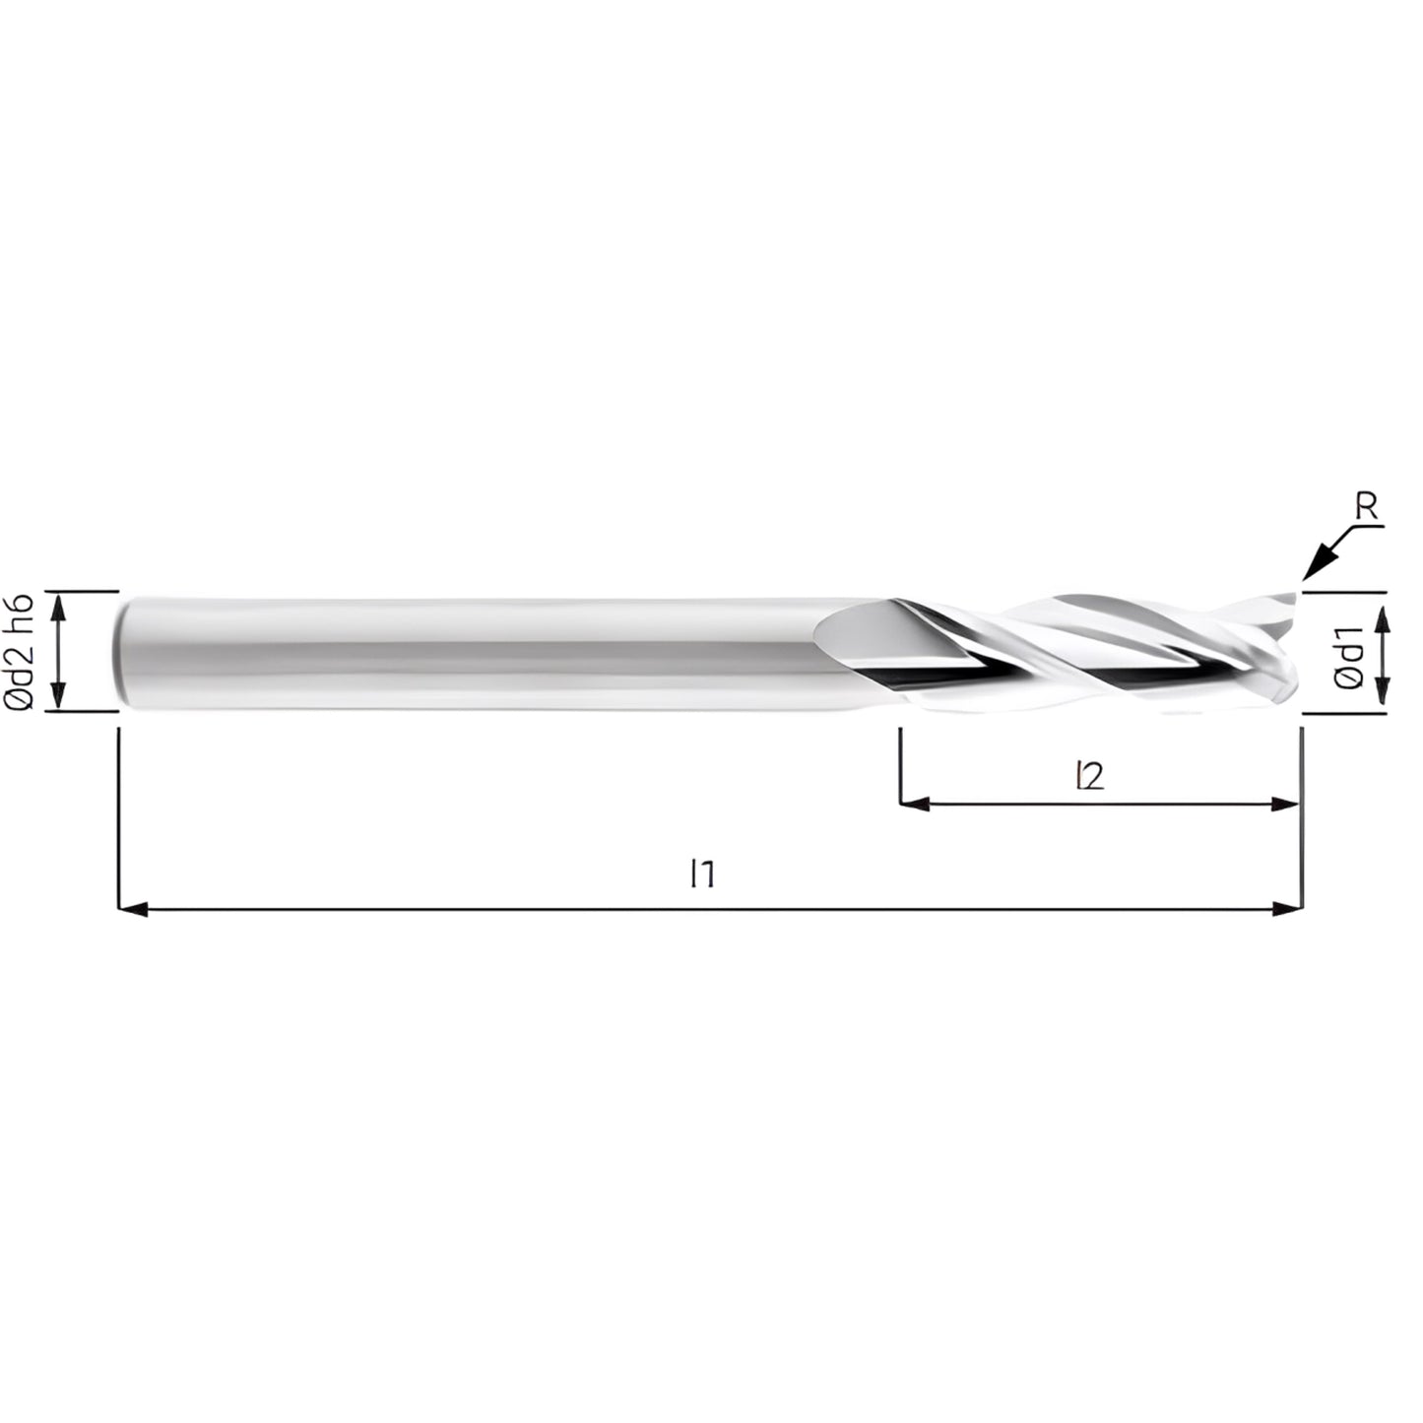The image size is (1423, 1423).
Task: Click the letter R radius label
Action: point(1366,507)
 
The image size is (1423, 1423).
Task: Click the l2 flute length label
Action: point(1090,776)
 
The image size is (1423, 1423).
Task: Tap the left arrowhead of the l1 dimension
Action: point(132,909)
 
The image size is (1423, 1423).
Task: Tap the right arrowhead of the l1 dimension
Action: point(1288,909)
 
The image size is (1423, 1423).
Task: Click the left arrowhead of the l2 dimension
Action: point(914,804)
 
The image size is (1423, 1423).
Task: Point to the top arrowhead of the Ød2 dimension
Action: point(60,605)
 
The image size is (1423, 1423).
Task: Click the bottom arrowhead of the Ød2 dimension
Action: point(60,696)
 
